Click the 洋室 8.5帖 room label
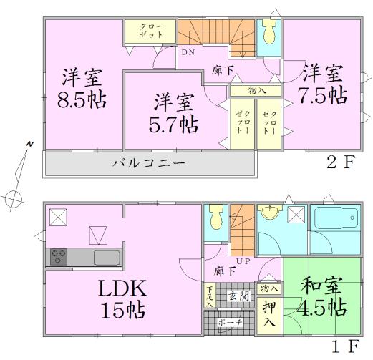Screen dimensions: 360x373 click(80, 87)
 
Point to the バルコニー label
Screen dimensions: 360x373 click(149, 163)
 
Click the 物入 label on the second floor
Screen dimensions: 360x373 click(258, 91)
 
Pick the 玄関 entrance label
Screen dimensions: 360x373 click(238, 296)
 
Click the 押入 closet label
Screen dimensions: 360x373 click(269, 314)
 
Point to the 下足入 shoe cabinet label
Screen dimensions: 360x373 click(209, 296)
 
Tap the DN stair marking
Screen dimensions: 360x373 click(188, 52)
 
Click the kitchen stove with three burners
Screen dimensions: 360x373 click(59, 256)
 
